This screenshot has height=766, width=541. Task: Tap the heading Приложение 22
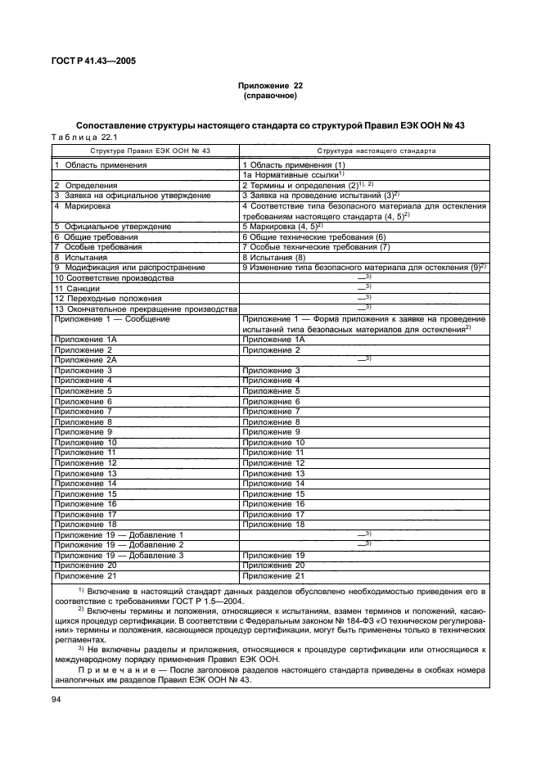(269, 86)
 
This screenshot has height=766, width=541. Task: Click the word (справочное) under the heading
(269, 96)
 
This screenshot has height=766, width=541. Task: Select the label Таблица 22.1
(79, 137)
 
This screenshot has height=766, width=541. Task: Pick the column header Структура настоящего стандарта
(376, 151)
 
